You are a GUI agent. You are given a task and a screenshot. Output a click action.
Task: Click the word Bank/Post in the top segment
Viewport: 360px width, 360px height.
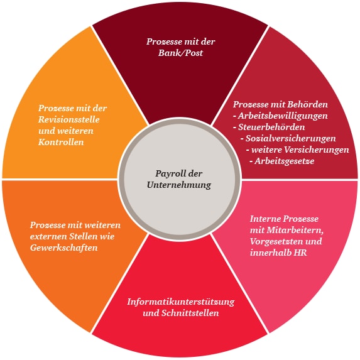point(180,53)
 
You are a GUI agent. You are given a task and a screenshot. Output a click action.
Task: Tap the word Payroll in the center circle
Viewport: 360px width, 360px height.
point(168,174)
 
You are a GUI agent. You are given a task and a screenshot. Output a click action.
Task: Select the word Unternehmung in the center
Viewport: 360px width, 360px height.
point(179,185)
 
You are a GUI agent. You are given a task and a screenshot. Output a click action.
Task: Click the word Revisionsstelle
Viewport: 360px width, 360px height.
point(69,119)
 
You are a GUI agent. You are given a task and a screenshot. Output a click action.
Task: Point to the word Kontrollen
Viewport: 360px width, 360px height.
point(61,142)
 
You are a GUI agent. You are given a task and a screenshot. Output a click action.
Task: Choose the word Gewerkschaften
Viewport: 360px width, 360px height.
point(64,248)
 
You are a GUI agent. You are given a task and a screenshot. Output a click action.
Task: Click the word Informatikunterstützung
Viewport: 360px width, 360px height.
point(181,302)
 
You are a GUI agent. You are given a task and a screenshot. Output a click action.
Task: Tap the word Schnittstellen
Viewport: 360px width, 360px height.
point(190,313)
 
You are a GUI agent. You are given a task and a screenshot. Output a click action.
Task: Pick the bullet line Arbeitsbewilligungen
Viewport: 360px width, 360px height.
point(280,116)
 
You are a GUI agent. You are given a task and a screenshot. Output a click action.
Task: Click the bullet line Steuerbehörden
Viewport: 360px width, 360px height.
point(269,127)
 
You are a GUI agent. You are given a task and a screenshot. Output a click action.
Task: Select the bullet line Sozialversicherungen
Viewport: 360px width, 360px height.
point(288,138)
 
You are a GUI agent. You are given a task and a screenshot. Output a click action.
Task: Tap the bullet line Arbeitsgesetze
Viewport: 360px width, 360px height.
point(282,161)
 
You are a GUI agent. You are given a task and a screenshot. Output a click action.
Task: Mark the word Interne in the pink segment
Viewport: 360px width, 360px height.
point(264,219)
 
